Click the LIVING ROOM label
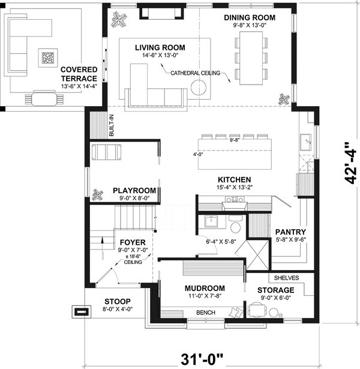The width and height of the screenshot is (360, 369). point(160,47)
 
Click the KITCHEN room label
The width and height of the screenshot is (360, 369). point(233,179)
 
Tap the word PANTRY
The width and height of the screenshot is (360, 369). point(290,232)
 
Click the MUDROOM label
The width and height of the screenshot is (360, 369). point(205,287)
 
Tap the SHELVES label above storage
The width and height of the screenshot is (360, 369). point(286,278)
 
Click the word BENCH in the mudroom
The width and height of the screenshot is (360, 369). point(206,311)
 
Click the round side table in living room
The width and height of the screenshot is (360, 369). point(200,88)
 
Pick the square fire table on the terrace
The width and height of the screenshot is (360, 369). point(48,58)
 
